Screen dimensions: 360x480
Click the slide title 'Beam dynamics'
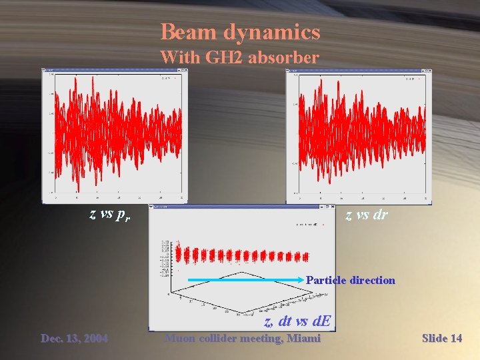pos(240,32)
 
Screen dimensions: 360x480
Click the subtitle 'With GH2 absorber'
pos(240,57)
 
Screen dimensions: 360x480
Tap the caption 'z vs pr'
pos(111,215)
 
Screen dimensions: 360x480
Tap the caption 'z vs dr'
pos(366,215)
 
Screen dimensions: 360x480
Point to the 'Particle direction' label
pos(350,280)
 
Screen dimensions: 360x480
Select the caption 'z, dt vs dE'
pos(297,321)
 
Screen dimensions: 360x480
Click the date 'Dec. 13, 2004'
pos(74,339)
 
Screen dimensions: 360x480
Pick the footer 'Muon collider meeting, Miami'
pos(243,339)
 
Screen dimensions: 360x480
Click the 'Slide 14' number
pos(442,339)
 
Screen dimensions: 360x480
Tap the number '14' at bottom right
pos(456,339)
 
